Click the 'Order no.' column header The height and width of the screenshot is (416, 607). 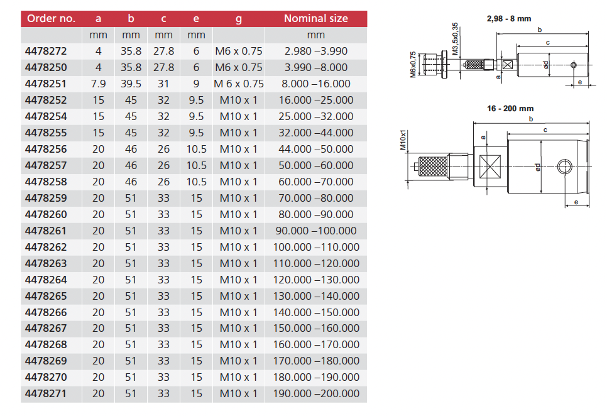pos(50,18)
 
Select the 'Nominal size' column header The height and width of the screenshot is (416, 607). pos(315,18)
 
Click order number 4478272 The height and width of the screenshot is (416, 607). pos(46,51)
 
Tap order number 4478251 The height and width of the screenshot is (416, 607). pos(46,84)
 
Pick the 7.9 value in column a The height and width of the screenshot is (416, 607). pos(98,84)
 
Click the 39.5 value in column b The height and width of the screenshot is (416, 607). pos(131,84)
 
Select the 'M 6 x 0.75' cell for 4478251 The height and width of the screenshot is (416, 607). pos(238,84)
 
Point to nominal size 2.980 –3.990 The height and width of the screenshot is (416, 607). pos(315,51)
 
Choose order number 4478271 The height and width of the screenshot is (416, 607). pos(46,394)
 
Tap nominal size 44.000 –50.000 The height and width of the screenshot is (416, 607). pos(315,149)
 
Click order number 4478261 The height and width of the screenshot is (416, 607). pos(46,231)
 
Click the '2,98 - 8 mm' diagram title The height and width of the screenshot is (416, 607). pos(509,19)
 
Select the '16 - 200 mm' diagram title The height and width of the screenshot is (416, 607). pos(510,109)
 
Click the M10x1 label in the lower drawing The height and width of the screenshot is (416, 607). pos(404,141)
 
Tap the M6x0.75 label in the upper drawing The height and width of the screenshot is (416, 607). pos(413,64)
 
